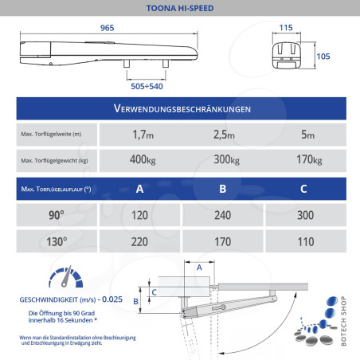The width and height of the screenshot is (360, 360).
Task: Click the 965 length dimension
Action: click(x=108, y=28)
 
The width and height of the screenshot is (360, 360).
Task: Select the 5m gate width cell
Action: click(x=307, y=135)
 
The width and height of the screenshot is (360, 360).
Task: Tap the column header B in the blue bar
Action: click(x=222, y=189)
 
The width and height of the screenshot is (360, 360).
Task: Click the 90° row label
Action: click(x=56, y=215)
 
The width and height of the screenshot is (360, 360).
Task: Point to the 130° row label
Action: click(x=56, y=242)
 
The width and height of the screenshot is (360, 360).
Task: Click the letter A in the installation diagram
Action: click(x=198, y=268)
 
